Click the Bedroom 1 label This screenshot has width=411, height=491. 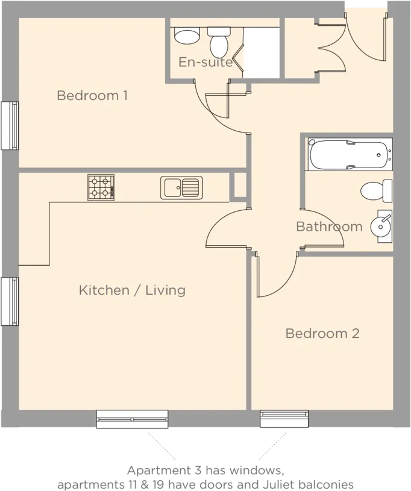pyautogui.click(x=92, y=96)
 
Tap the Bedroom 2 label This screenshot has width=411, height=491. pyautogui.click(x=322, y=334)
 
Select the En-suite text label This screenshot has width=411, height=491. pyautogui.click(x=205, y=62)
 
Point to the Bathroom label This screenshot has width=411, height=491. pyautogui.click(x=329, y=227)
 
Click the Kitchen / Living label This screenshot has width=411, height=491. pyautogui.click(x=132, y=290)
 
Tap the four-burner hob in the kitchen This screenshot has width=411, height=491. pyautogui.click(x=101, y=187)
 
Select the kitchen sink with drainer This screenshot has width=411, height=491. pyautogui.click(x=181, y=187)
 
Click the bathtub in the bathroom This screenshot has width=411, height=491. pyautogui.click(x=350, y=154)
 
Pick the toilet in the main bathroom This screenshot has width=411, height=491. pyautogui.click(x=376, y=191)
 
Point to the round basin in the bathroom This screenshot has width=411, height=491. pyautogui.click(x=381, y=227)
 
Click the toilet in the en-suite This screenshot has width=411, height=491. pyautogui.click(x=219, y=42)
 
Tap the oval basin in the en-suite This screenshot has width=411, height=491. pyautogui.click(x=187, y=36)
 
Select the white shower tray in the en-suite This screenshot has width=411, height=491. pyautogui.click(x=262, y=52)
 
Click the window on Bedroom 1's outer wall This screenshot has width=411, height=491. pyautogui.click(x=10, y=125)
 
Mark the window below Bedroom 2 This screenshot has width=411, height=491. pyautogui.click(x=284, y=419)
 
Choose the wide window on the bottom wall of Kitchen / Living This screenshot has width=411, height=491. pyautogui.click(x=132, y=419)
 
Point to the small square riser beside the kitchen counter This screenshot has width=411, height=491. pyautogui.click(x=240, y=185)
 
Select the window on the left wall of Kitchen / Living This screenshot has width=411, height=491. pyautogui.click(x=10, y=302)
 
